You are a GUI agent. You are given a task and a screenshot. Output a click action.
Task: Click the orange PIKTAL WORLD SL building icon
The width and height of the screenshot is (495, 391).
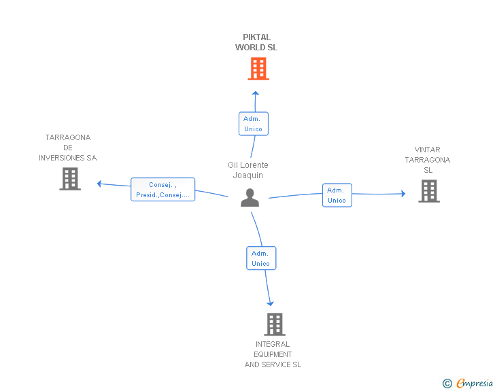coord(258,69)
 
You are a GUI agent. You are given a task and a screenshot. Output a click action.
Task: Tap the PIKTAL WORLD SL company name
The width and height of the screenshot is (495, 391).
coord(256,43)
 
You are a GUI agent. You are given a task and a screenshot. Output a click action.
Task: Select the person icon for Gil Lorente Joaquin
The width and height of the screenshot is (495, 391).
coord(250,198)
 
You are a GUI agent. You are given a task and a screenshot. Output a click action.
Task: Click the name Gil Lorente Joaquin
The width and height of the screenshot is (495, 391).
coord(248,170)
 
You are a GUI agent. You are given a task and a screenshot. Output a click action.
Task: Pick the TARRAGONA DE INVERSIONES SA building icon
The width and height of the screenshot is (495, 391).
coord(70,179)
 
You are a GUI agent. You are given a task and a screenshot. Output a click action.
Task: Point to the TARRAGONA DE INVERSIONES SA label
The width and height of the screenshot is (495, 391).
coord(68,148)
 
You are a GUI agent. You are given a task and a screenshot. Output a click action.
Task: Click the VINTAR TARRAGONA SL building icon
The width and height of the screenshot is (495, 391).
coord(428,191)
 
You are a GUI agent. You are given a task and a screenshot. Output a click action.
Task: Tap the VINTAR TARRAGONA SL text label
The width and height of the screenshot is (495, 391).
coord(428,160)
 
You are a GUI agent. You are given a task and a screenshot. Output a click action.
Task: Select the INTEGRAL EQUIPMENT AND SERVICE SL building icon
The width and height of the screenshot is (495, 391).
coord(274,324)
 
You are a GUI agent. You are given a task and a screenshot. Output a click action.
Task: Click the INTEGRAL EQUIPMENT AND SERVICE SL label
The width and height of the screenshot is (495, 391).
coord(273,354)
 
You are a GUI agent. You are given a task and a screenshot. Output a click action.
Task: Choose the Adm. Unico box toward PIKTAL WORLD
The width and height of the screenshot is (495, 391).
coord(253,124)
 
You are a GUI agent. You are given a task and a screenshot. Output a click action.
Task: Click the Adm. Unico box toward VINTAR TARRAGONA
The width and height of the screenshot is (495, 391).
coord(337,195)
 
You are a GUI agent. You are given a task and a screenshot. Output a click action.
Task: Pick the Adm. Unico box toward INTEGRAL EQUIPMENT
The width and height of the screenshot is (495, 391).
coord(260,258)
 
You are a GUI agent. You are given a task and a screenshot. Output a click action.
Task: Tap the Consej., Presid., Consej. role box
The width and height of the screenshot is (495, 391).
coord(163,190)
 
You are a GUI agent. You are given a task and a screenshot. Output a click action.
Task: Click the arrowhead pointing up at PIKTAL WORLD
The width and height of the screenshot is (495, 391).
coord(255,93)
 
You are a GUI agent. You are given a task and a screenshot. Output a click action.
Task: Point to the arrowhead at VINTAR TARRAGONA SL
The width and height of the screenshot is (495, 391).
coord(403,194)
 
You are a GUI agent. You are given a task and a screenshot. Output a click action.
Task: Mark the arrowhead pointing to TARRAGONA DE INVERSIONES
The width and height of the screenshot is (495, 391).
coord(99,184)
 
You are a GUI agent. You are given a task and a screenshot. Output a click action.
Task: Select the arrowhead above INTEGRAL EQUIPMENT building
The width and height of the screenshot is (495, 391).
coord(270,303)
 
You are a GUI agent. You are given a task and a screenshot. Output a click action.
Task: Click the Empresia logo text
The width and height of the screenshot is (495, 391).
coord(475,384)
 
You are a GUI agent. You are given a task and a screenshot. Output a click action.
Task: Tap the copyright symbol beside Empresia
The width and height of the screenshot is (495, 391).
coord(447,384)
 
